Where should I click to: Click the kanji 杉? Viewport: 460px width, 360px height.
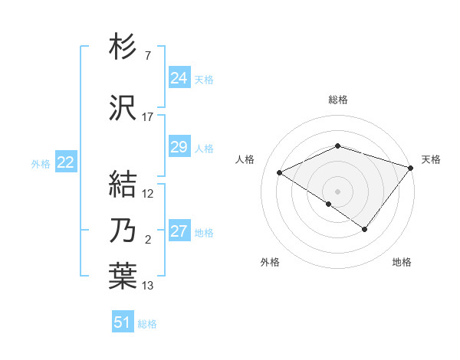click(123, 48)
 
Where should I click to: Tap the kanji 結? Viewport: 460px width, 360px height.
click(123, 184)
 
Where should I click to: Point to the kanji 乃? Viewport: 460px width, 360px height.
click(123, 231)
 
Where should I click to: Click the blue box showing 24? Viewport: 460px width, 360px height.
click(179, 77)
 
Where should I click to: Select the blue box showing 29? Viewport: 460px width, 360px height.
click(179, 147)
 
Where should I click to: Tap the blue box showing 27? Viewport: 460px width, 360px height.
click(179, 231)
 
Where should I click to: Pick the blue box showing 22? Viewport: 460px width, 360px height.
click(66, 162)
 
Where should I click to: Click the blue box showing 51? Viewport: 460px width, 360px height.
click(123, 322)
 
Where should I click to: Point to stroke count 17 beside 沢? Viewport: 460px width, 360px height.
click(148, 117)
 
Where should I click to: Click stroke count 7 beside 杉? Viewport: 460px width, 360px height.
click(147, 57)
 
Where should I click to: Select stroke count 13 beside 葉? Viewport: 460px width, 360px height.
click(148, 286)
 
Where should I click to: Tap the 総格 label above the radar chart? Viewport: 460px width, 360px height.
click(337, 100)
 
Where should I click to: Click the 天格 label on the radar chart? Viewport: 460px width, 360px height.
click(431, 159)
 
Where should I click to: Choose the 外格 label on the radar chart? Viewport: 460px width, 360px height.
click(270, 263)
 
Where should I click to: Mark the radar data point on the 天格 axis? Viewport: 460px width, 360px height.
click(412, 167)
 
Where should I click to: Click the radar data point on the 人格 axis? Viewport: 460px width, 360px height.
click(280, 173)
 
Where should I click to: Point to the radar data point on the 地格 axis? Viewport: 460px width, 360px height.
click(365, 229)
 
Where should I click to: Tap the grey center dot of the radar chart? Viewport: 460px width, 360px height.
click(337, 191)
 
